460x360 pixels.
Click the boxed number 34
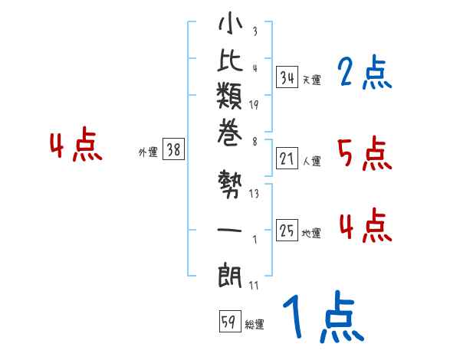[x=287, y=77]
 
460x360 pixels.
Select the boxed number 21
[x=287, y=159]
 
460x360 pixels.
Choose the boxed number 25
[x=287, y=232]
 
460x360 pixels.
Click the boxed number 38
[x=173, y=150]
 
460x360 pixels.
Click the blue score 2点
[x=364, y=74]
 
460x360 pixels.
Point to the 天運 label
[x=311, y=80]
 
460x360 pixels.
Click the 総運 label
[x=255, y=325]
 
